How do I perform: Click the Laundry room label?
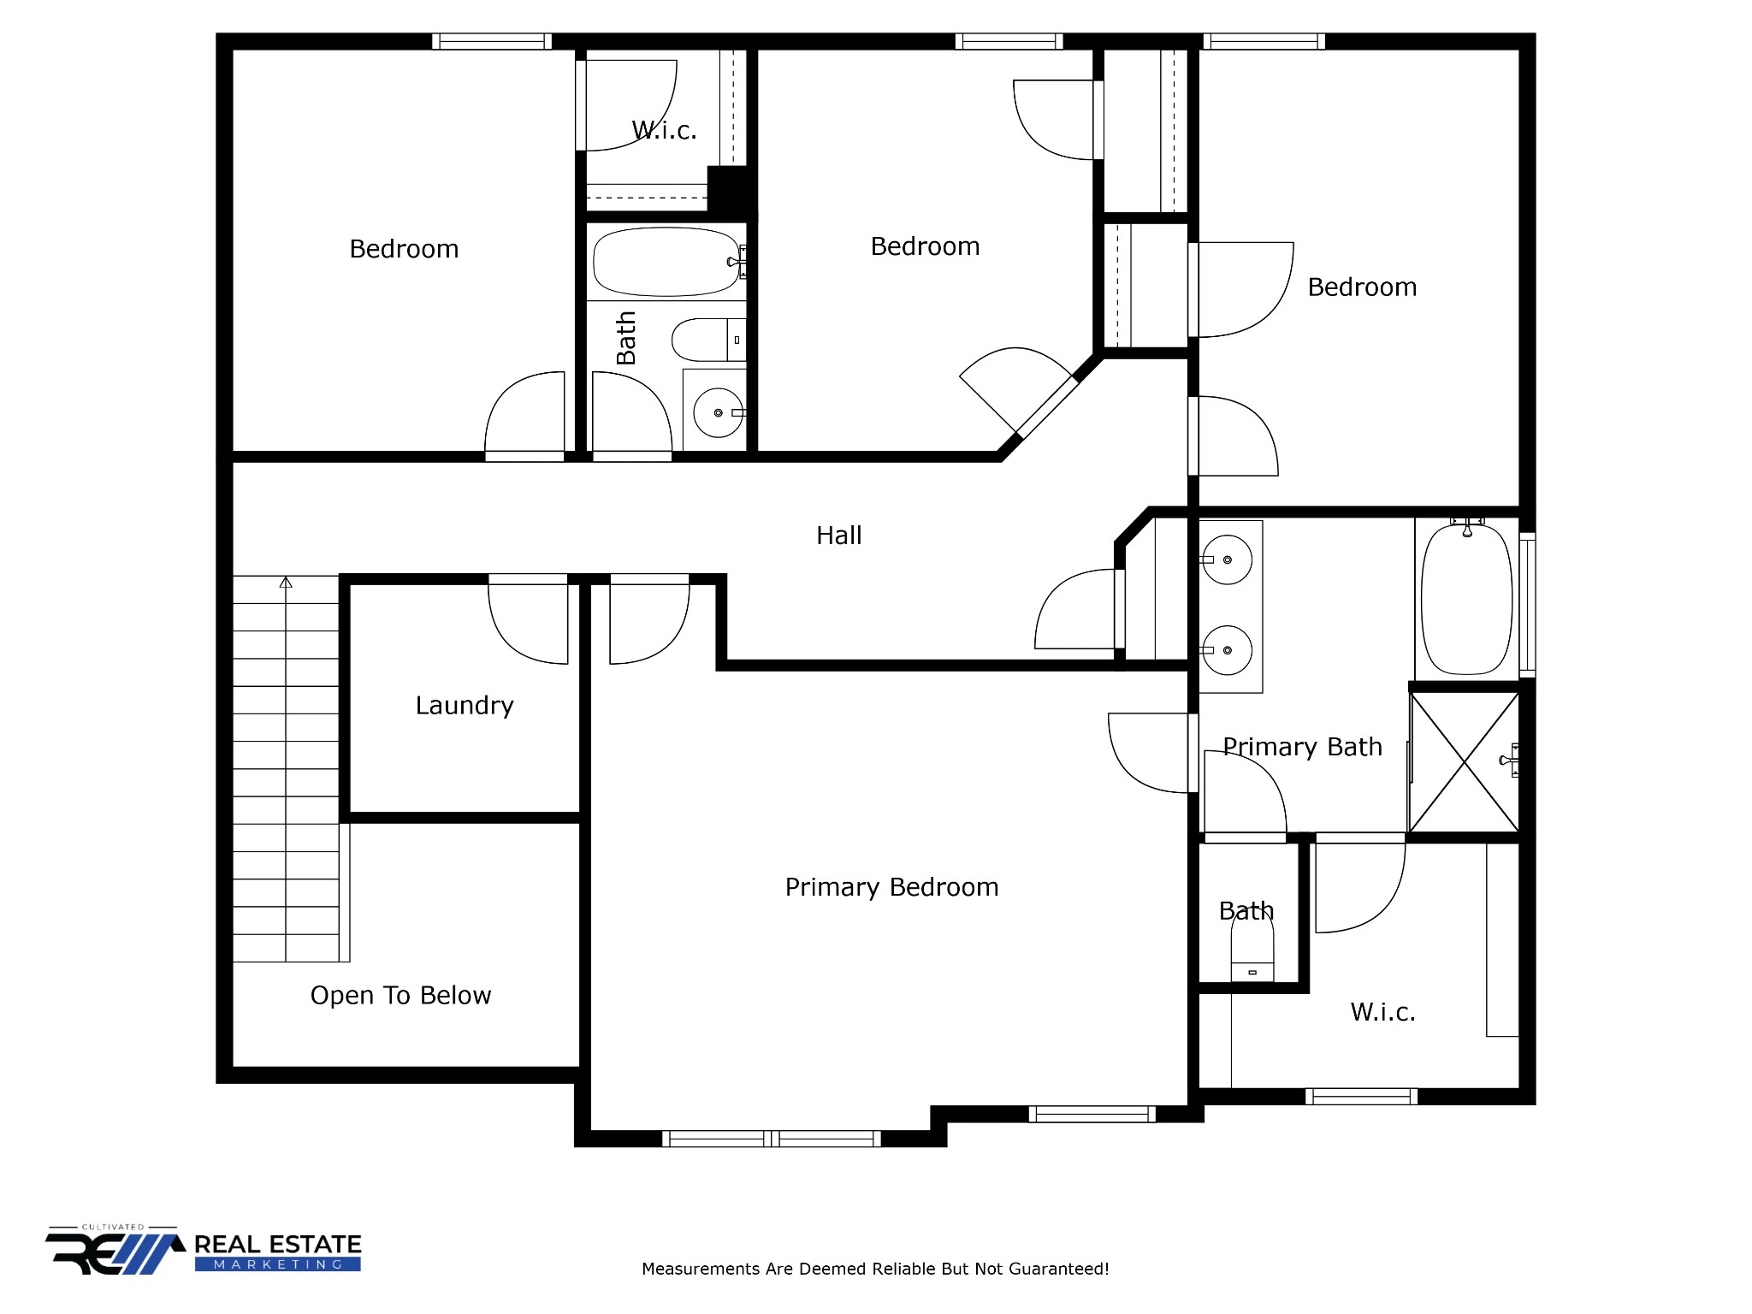point(465,706)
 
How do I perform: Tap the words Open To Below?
point(400,996)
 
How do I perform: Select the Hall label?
point(838,536)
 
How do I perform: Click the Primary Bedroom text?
point(891,887)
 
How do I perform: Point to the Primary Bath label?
point(1302,747)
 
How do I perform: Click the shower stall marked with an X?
point(1464,761)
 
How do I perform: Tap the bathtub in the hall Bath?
point(666,262)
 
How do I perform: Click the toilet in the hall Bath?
point(706,340)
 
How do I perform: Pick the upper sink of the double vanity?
point(1227,559)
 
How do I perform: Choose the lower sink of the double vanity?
point(1227,650)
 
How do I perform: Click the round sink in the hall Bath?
point(717,412)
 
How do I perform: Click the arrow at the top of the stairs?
point(286,583)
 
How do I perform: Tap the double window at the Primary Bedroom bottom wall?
point(771,1138)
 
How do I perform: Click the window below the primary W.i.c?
point(1361,1096)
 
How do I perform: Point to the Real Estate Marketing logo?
point(204,1252)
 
